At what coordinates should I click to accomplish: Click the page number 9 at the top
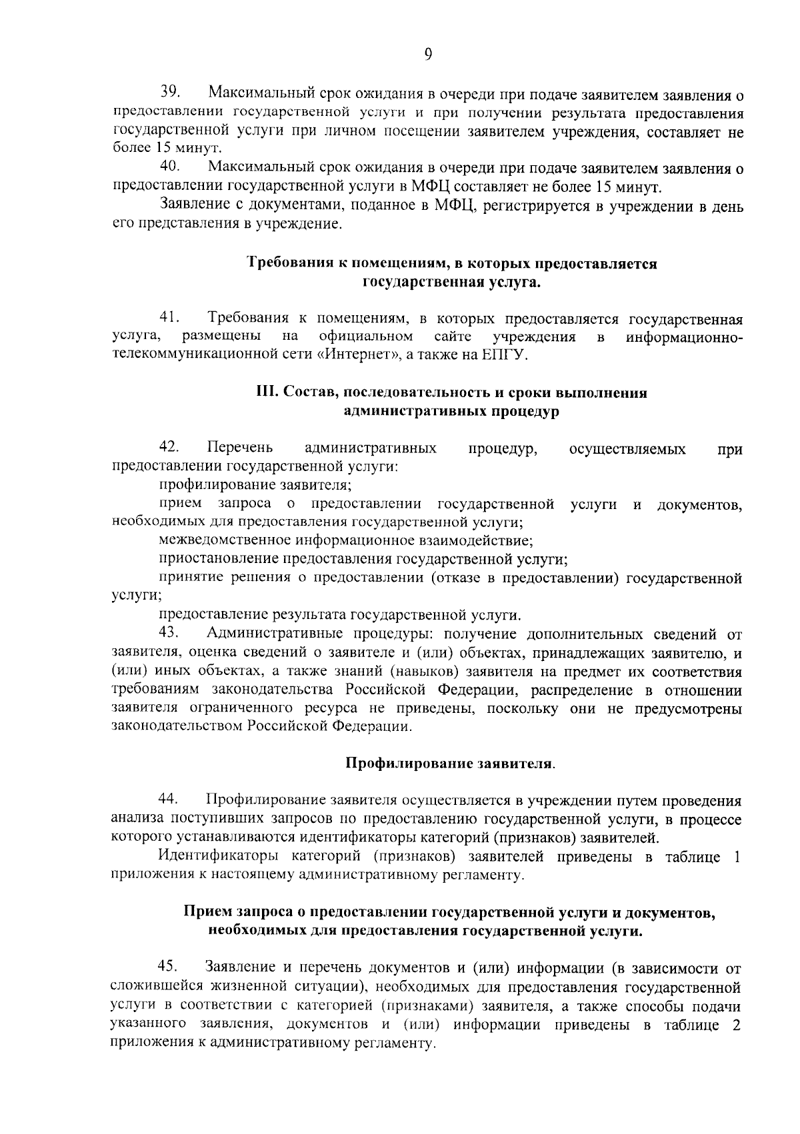(x=427, y=55)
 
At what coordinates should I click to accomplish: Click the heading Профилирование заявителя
(x=451, y=763)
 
